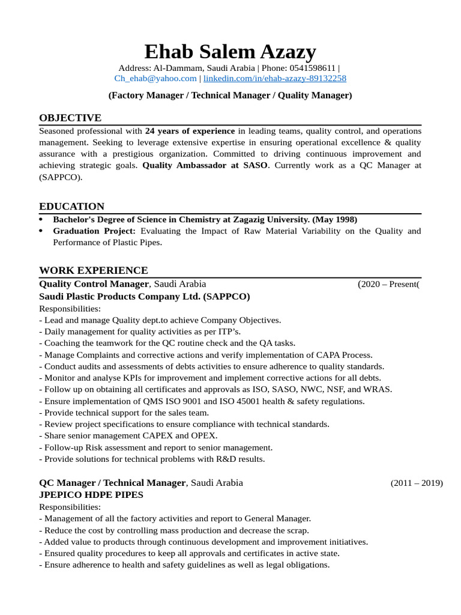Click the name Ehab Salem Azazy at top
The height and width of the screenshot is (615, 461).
[x=230, y=52]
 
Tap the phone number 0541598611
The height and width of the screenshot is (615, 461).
[x=313, y=68]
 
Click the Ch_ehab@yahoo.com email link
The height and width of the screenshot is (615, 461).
[x=155, y=79]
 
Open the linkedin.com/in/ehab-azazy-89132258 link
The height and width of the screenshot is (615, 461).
[x=274, y=79]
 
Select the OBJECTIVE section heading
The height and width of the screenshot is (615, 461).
[x=70, y=118]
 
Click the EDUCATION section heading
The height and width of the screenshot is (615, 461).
[x=71, y=207]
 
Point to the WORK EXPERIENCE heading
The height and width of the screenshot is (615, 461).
[x=93, y=270]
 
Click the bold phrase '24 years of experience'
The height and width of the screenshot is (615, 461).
[x=190, y=131]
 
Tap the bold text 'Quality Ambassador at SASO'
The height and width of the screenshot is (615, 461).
[x=205, y=165]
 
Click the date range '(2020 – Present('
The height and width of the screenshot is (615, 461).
[x=388, y=284]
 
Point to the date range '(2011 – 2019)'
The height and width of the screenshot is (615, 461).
[x=417, y=483]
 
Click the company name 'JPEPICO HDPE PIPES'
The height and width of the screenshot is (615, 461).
[x=91, y=495]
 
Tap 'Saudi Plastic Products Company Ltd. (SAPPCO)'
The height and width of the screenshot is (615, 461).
[x=144, y=297]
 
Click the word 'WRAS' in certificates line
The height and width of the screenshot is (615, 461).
[x=378, y=389]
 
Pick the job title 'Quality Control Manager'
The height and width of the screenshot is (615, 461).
[x=94, y=284]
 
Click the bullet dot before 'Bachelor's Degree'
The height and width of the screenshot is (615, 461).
[x=41, y=220]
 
